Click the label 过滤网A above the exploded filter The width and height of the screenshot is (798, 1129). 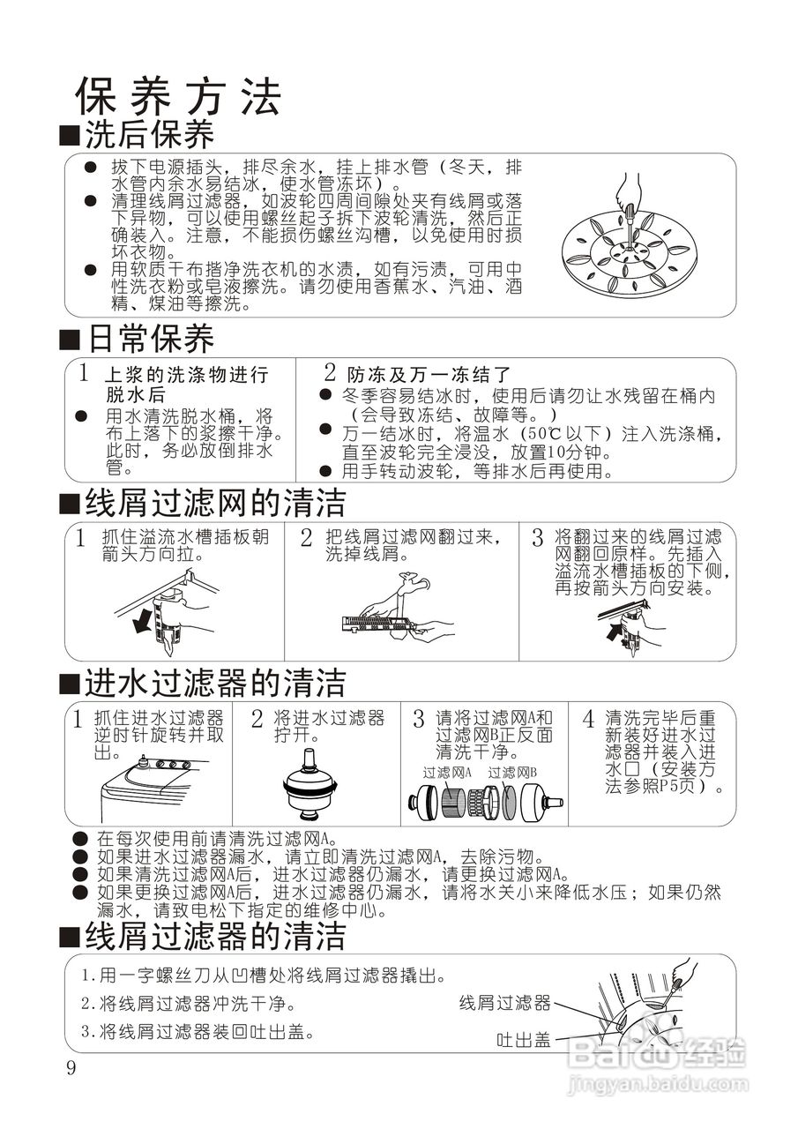coord(447,772)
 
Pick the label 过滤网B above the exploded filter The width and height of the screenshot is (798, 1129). coord(513,772)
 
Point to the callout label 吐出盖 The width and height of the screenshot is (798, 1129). coord(524,1041)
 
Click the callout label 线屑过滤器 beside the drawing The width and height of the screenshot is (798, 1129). coord(504,1003)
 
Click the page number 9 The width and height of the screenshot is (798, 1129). coord(71,1069)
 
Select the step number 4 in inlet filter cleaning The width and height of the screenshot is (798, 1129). coord(588,718)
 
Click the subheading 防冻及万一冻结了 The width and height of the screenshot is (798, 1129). coord(429,375)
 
